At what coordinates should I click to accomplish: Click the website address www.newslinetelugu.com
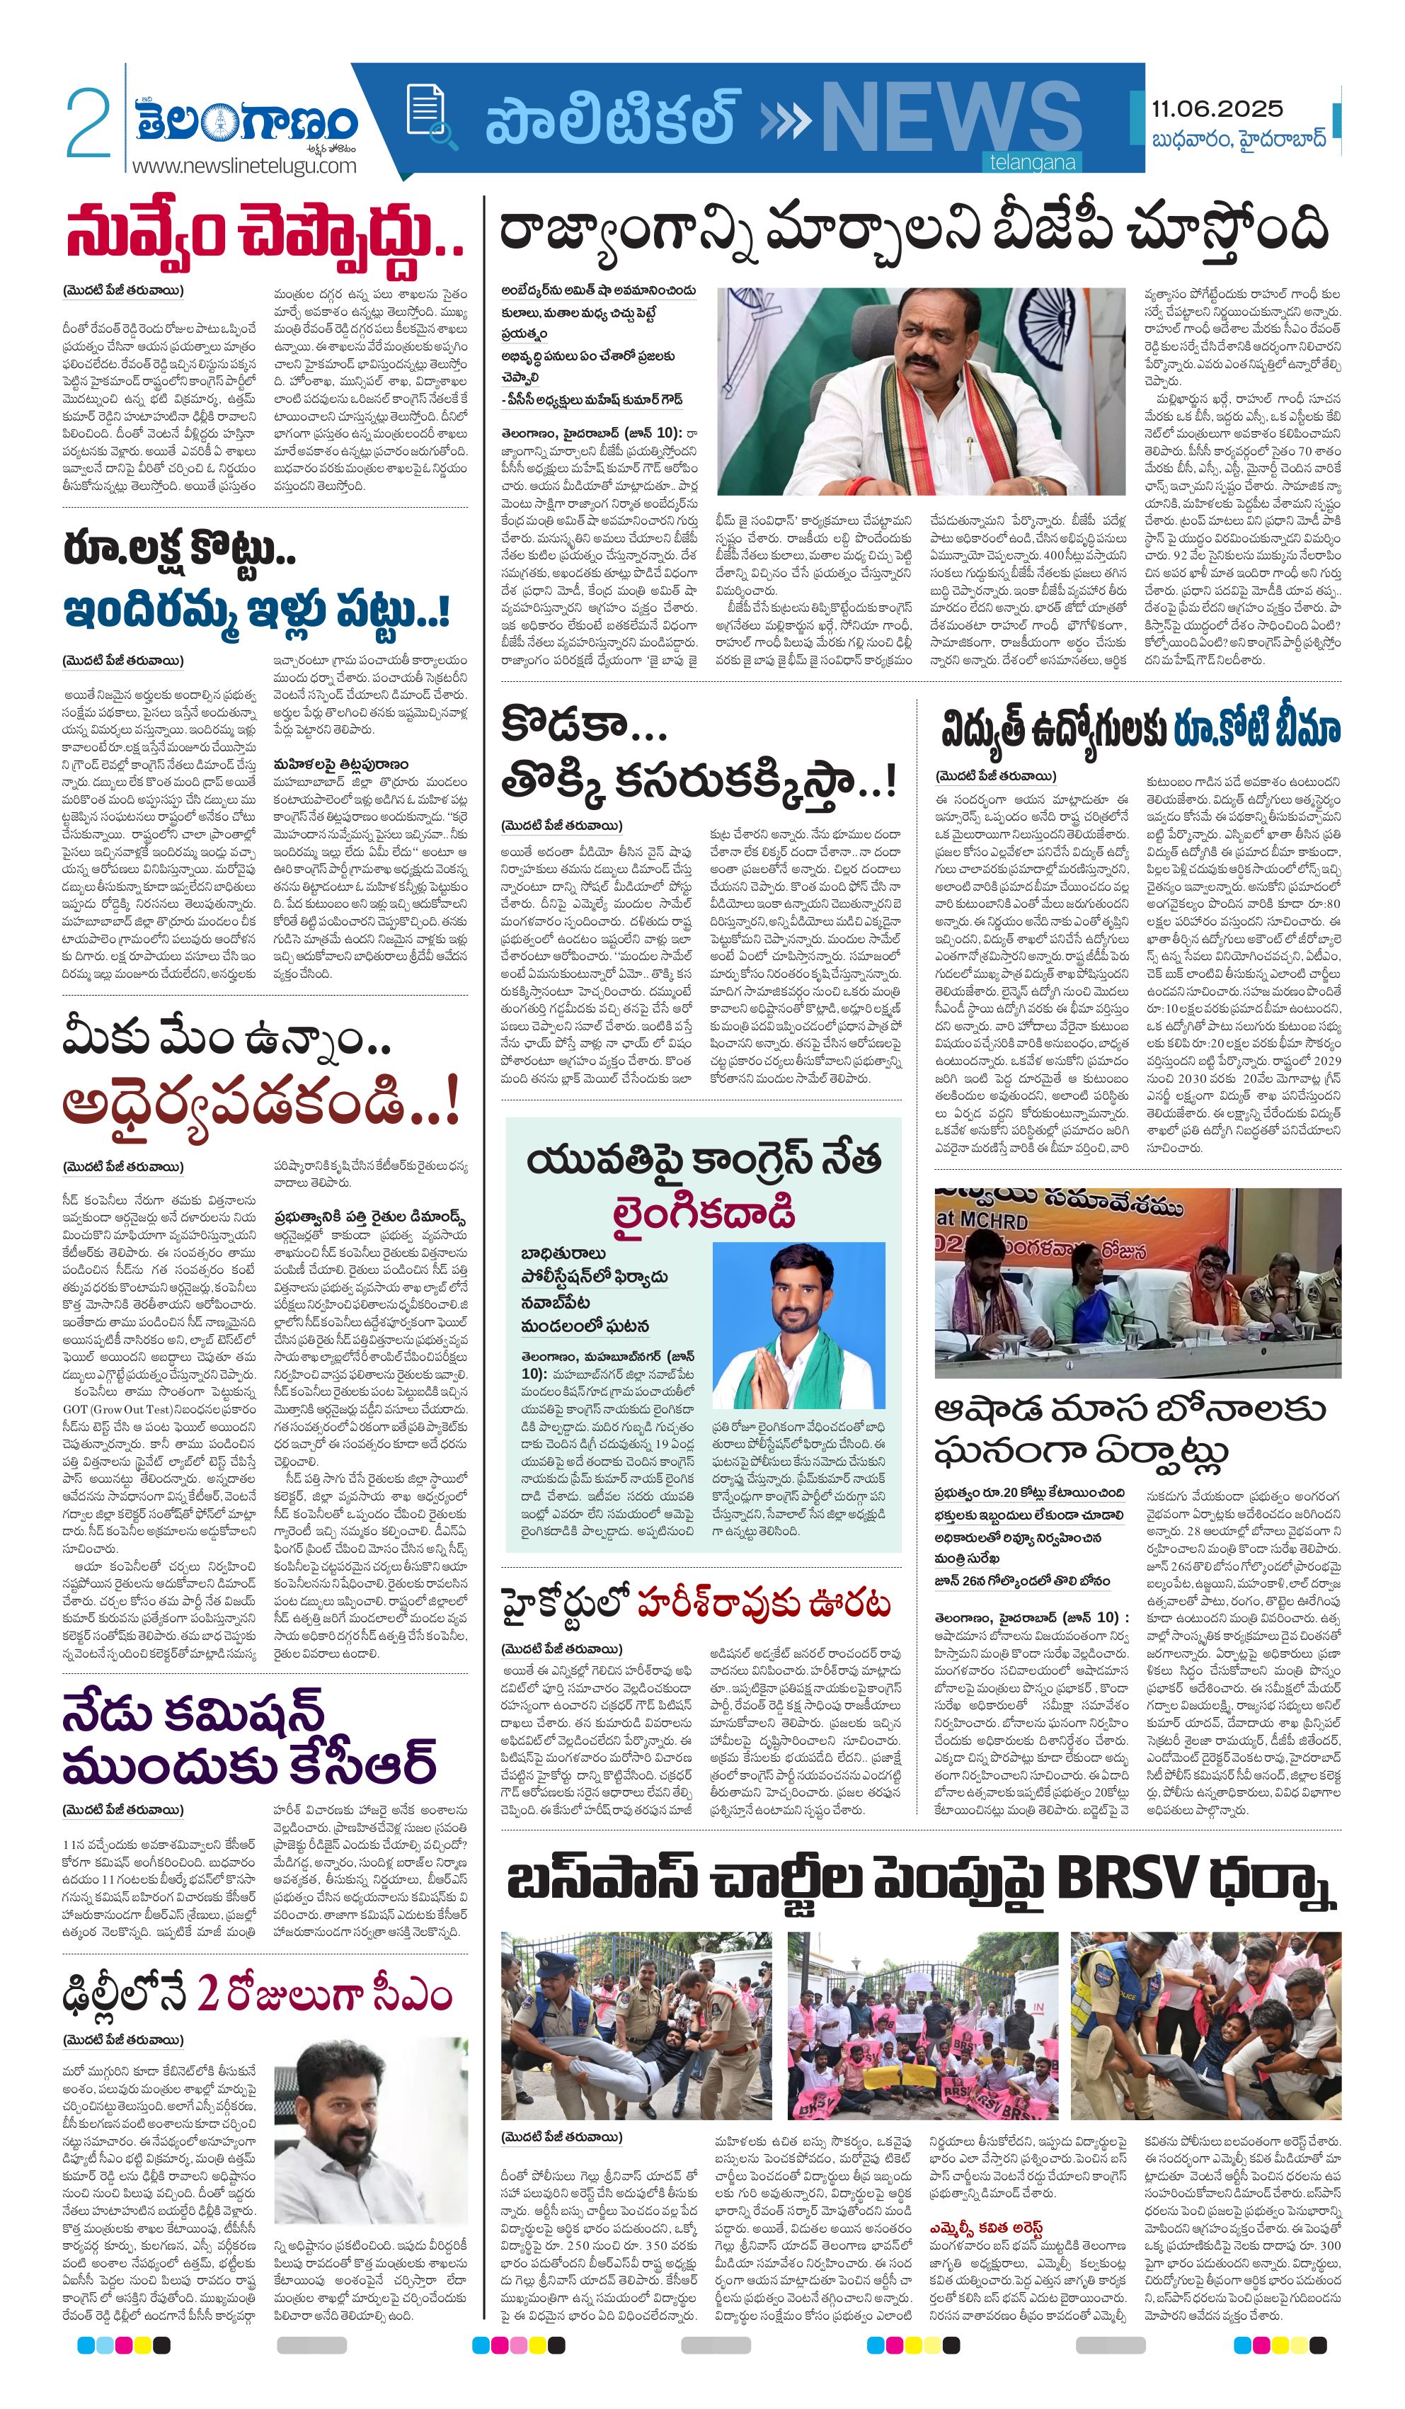(243, 166)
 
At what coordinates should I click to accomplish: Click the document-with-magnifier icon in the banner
(428, 115)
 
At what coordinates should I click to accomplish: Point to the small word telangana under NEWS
(1032, 163)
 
